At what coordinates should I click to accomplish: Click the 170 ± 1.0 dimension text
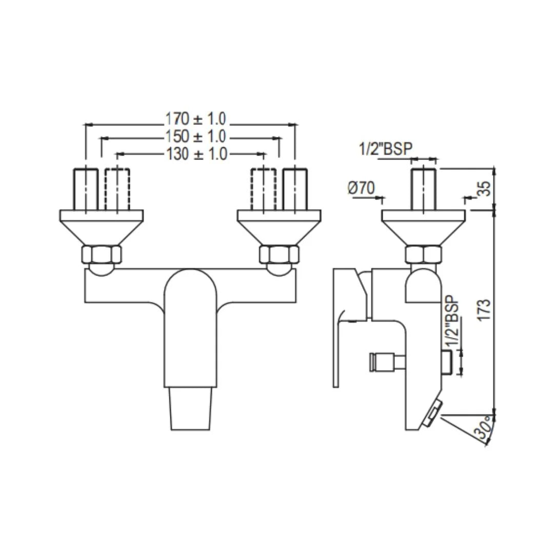coord(195,118)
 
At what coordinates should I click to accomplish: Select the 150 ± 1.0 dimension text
coord(195,136)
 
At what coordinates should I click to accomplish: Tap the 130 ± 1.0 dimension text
coord(196,154)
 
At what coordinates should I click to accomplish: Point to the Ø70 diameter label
coord(361,187)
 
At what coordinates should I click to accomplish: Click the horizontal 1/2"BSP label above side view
coord(385,148)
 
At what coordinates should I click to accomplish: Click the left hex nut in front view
coord(102,254)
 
